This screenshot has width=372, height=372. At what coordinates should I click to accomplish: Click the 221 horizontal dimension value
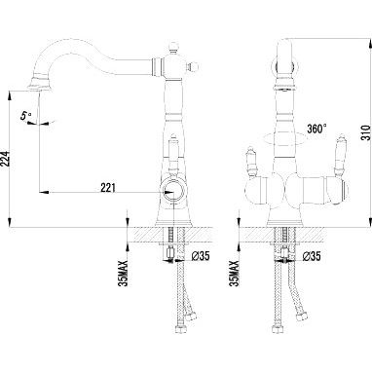(108, 187)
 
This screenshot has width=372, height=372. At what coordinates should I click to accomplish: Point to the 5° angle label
(25, 116)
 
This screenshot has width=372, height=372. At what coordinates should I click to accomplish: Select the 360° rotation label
(316, 129)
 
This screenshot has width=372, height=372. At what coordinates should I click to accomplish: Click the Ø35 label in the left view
(201, 256)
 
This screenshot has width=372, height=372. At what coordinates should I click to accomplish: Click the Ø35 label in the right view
(312, 256)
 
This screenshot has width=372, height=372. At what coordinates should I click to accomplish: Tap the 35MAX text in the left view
(124, 273)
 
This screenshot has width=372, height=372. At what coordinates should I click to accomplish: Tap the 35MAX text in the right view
(234, 273)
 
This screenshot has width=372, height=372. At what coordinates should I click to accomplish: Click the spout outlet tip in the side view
(40, 86)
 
